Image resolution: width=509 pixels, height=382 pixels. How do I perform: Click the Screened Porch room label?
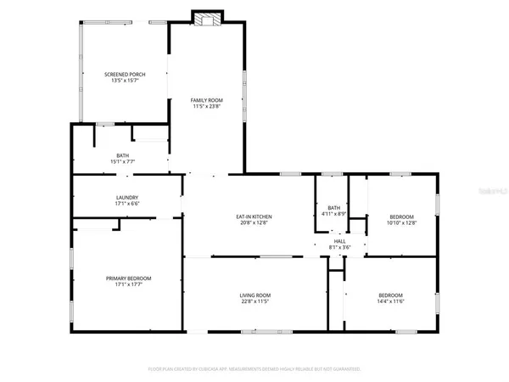(x=125, y=75)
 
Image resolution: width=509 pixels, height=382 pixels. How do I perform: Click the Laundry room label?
(x=127, y=198)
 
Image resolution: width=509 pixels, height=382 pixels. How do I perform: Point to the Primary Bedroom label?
(x=128, y=278)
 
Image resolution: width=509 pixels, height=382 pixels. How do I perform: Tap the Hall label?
(x=338, y=240)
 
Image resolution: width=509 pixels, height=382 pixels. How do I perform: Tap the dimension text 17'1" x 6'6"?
(x=127, y=205)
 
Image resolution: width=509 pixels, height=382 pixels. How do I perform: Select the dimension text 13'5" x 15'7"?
(x=125, y=81)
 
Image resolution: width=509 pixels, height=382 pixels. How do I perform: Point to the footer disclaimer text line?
(x=255, y=369)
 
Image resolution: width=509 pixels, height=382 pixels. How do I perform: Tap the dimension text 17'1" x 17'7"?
(x=128, y=284)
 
